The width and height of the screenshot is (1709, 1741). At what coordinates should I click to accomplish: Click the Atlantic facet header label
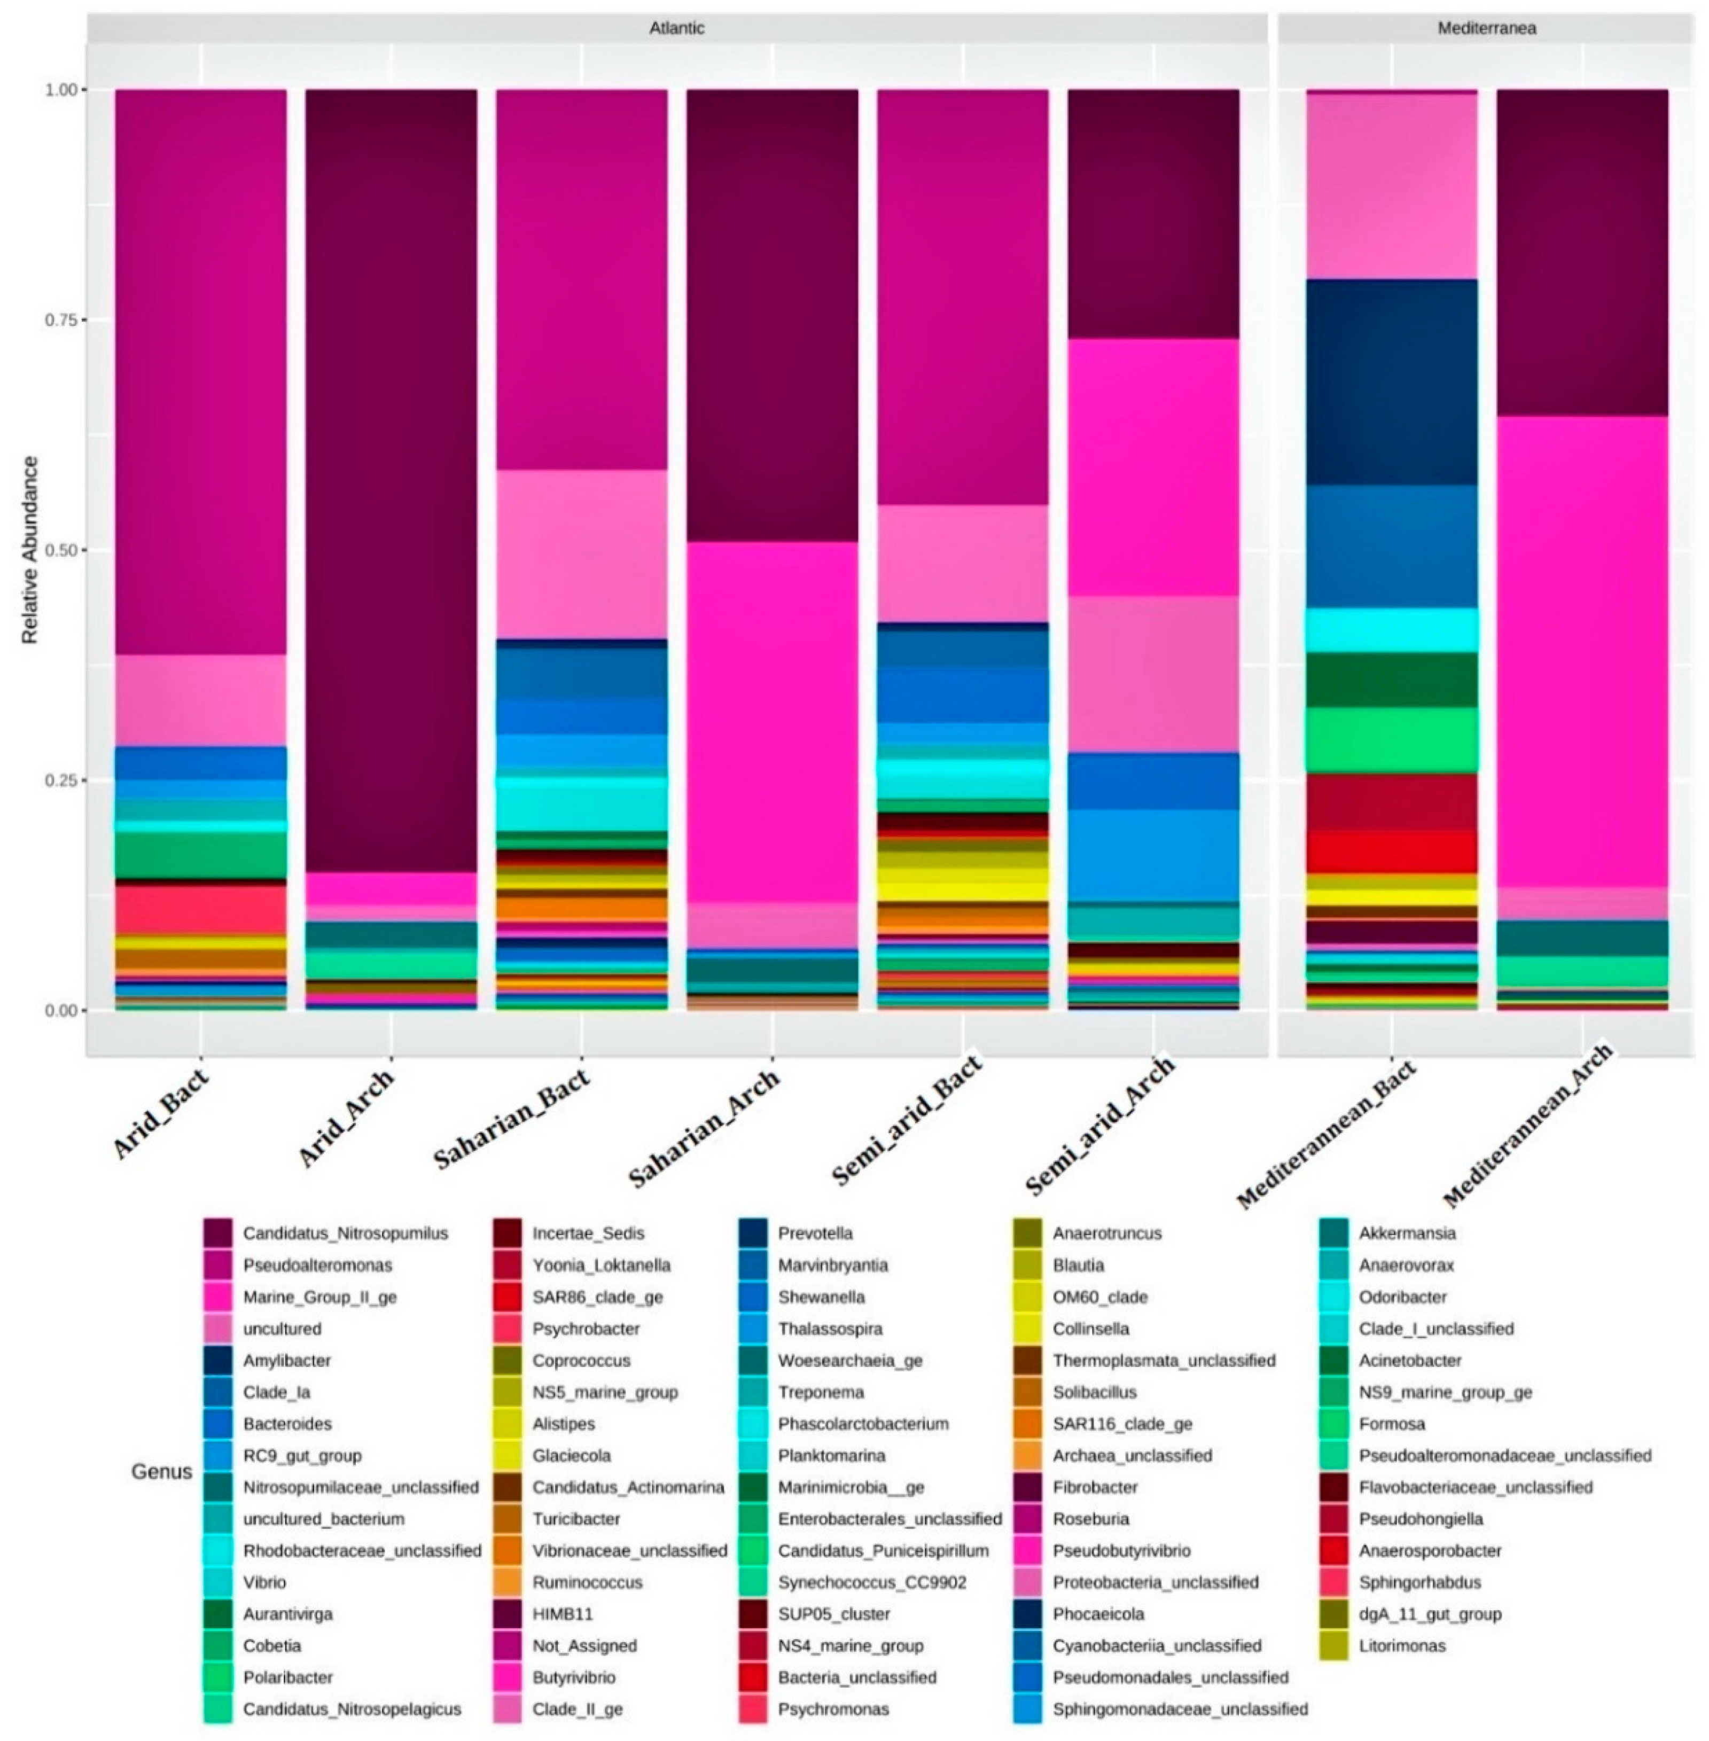[x=677, y=28]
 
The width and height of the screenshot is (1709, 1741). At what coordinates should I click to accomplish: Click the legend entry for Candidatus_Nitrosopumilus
[x=345, y=1233]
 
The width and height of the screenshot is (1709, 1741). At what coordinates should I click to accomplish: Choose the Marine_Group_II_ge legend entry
[x=318, y=1297]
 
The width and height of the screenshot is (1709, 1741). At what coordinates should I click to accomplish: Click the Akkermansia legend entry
[x=1407, y=1233]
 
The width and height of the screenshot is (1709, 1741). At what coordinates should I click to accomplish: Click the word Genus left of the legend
[x=161, y=1472]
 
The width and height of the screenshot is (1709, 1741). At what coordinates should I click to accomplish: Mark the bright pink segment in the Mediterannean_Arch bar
[x=1581, y=651]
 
